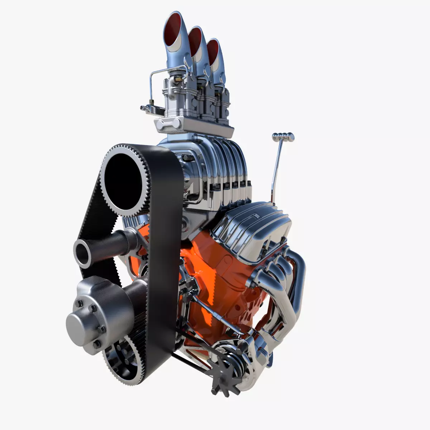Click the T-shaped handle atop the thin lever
pos(283,136)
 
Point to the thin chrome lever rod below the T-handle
pos(276,168)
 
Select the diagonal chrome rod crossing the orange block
pos(215,315)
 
